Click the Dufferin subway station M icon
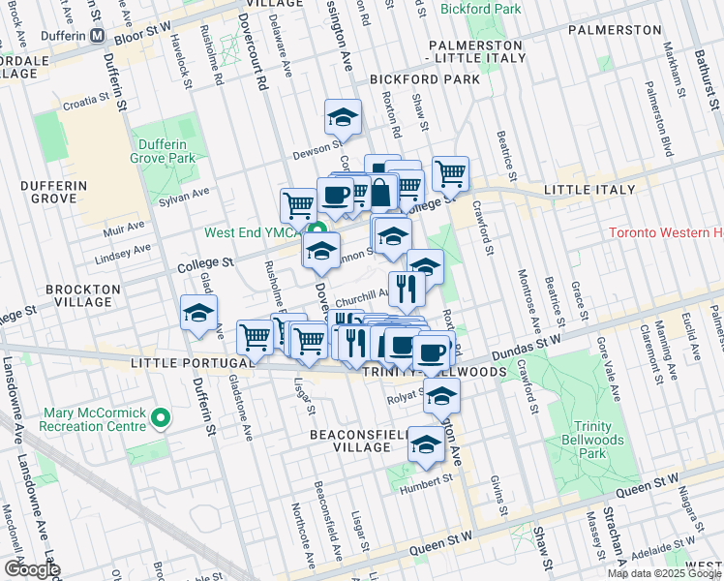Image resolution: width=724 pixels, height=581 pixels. pyautogui.click(x=98, y=36)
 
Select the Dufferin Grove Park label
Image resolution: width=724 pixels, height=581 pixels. pyautogui.click(x=164, y=150)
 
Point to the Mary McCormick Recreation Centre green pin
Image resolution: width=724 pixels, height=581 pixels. pyautogui.click(x=161, y=418)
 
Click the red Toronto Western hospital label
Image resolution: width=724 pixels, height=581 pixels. pyautogui.click(x=666, y=233)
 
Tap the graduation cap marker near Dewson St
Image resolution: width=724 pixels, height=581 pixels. pyautogui.click(x=343, y=117)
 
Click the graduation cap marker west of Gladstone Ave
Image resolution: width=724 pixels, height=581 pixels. pyautogui.click(x=198, y=313)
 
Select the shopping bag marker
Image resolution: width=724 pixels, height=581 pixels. pyautogui.click(x=381, y=192)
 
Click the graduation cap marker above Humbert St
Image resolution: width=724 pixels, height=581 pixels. pyautogui.click(x=425, y=444)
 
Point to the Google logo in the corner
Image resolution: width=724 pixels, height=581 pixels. pyautogui.click(x=31, y=569)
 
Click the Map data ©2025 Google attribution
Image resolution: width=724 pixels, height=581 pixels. pyautogui.click(x=664, y=573)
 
